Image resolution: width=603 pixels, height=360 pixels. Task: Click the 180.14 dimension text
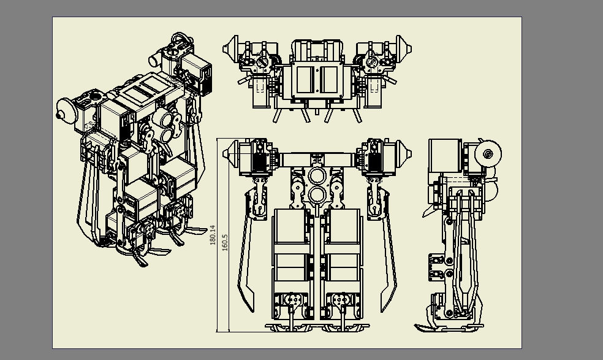pyautogui.click(x=213, y=235)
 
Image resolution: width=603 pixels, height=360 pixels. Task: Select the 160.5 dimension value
pyautogui.click(x=225, y=243)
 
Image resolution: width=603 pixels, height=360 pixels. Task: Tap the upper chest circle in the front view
pyautogui.click(x=317, y=177)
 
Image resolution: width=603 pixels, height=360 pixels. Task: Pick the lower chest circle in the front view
pyautogui.click(x=317, y=195)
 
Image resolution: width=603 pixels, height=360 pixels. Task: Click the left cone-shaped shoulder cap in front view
pyautogui.click(x=231, y=153)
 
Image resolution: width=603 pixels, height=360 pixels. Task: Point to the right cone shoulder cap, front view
pyautogui.click(x=404, y=153)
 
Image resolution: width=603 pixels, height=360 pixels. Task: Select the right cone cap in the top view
pyautogui.click(x=404, y=49)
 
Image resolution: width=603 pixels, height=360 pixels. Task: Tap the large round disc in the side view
pyautogui.click(x=488, y=154)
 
